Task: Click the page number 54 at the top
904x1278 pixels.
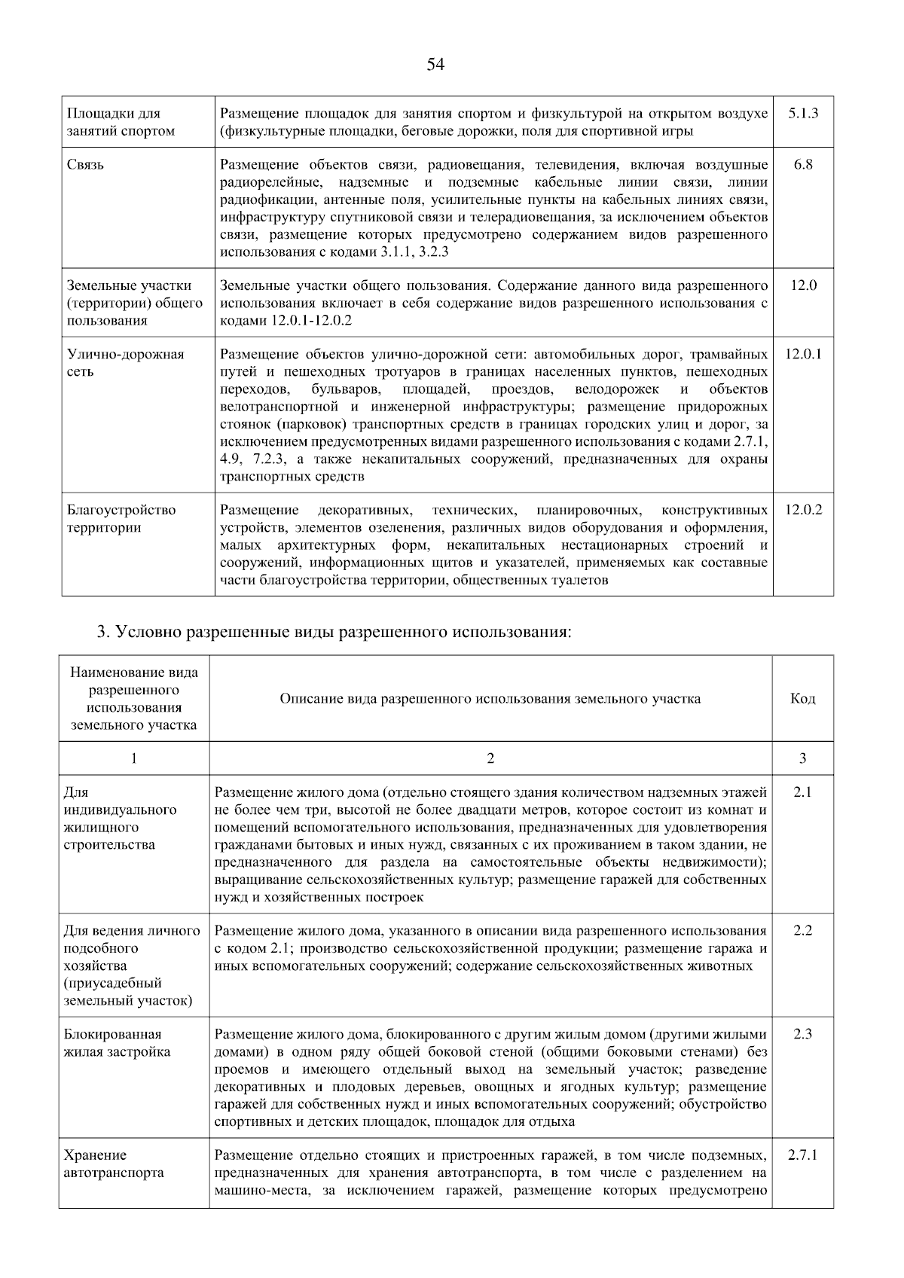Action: (x=435, y=65)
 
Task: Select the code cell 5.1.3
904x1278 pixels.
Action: (x=802, y=114)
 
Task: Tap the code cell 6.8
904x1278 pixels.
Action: (x=802, y=165)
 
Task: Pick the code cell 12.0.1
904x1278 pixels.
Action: (x=802, y=354)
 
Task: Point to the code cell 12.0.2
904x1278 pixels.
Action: (x=802, y=510)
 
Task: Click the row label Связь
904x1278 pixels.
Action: (x=85, y=165)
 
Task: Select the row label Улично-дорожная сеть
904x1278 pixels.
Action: (x=125, y=363)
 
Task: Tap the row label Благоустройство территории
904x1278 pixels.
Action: (x=121, y=519)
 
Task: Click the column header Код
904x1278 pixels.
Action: (x=802, y=699)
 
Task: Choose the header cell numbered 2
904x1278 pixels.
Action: (x=490, y=758)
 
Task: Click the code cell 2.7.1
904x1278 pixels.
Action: (x=802, y=1154)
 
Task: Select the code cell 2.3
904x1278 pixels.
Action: (x=802, y=1034)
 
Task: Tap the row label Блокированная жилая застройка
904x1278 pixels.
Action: (x=117, y=1043)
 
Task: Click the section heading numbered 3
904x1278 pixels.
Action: (x=334, y=631)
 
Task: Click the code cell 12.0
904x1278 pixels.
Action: (x=802, y=285)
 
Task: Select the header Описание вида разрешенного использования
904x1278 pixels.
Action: (x=490, y=699)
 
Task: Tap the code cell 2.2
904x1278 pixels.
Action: (x=802, y=931)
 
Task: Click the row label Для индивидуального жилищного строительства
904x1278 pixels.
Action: (x=120, y=819)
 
